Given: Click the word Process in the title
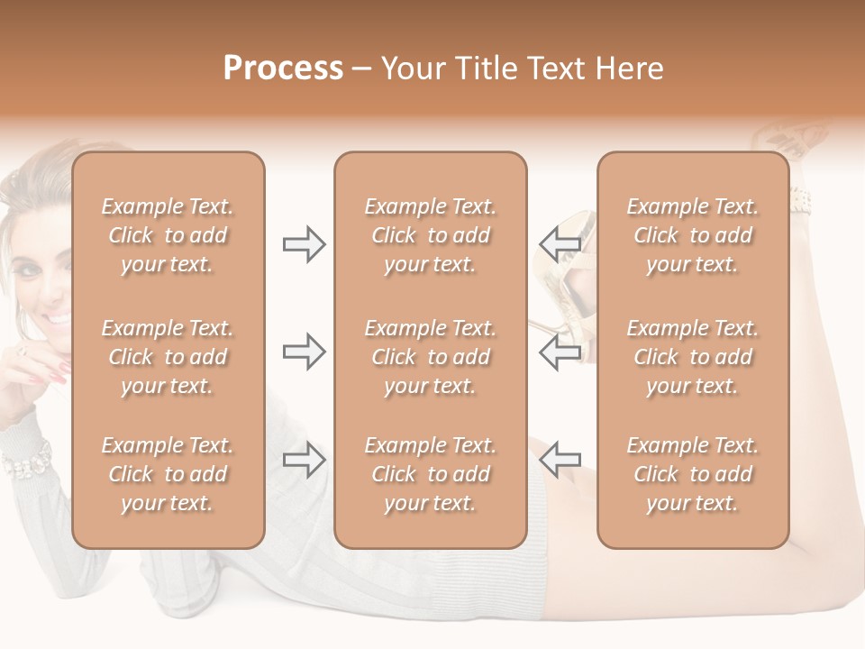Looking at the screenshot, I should point(283,69).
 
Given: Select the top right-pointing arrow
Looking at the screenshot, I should point(305,244).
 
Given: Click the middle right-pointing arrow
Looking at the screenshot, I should point(305,352).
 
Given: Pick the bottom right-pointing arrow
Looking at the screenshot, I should point(305,460).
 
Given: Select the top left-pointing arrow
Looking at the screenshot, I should point(560,244).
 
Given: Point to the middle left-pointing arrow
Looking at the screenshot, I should point(560,352).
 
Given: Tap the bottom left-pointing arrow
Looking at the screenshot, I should point(560,460).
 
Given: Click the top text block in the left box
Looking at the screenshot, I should point(168,235).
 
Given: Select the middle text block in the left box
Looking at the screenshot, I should point(168,357).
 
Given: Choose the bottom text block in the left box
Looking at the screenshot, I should point(168,474).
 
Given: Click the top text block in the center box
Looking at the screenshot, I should point(431,235).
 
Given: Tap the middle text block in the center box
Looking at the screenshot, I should point(431,357).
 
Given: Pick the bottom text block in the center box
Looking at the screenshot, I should point(431,474).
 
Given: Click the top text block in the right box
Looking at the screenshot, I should point(693,235).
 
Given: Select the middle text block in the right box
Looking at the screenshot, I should point(693,357).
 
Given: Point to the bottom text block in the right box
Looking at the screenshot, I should point(693,474).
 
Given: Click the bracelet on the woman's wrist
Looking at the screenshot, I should point(27,462).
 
